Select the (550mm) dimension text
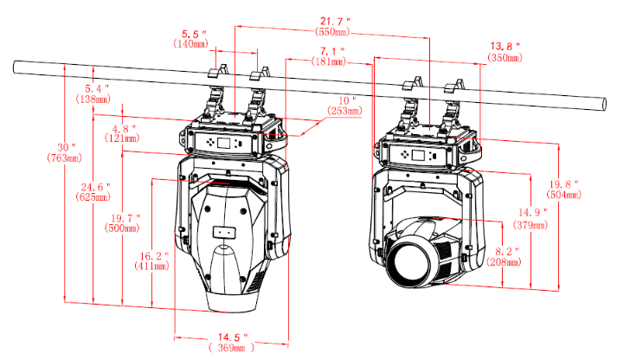point(332,32)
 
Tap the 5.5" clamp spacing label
point(194,35)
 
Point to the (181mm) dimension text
point(329,61)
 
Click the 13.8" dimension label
point(505,47)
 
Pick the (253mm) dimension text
point(344,111)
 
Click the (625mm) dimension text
point(93,196)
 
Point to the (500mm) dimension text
point(122,228)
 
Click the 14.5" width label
point(233,337)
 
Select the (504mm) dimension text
point(563,195)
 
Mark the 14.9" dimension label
point(532,213)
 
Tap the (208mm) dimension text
point(504,261)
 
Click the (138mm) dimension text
point(93,100)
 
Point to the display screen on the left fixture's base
point(224,143)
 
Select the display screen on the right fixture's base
point(418,155)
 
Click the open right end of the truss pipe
point(603,105)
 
